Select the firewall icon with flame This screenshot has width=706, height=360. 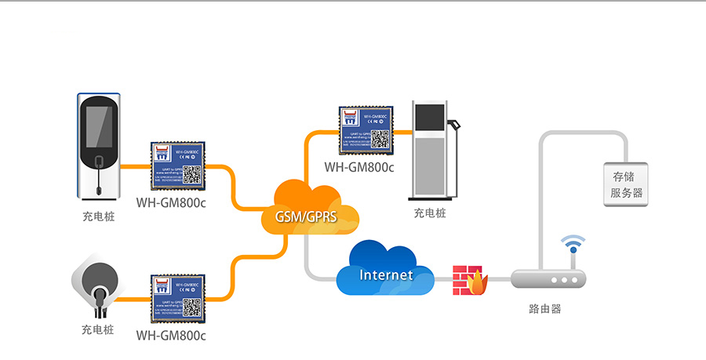[x=469, y=280]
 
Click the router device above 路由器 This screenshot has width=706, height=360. [x=548, y=279]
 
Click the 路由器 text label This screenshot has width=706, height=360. [x=545, y=309]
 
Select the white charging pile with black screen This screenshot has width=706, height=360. [x=98, y=145]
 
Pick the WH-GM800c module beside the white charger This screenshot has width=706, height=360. [x=177, y=166]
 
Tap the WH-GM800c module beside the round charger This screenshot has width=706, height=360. [x=177, y=298]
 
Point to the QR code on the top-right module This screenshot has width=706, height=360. [x=380, y=138]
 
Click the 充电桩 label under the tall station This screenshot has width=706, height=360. [x=430, y=213]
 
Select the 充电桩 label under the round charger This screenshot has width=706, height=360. [x=98, y=330]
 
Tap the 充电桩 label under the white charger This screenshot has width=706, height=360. [x=98, y=216]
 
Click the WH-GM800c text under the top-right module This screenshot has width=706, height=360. [x=359, y=167]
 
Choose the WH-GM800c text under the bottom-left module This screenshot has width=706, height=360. [x=171, y=335]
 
